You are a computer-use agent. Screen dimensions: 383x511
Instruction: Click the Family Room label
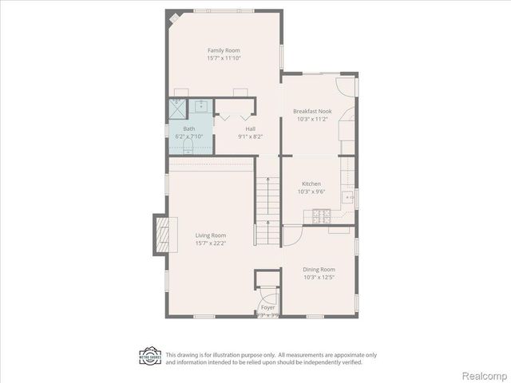click(x=224, y=50)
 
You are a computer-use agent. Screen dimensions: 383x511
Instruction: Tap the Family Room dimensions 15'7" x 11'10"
click(x=224, y=58)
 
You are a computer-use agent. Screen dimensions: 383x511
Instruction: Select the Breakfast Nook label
click(x=312, y=112)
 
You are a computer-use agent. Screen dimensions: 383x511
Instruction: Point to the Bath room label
click(x=188, y=128)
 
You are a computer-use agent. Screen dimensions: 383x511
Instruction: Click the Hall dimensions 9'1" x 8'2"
click(x=251, y=136)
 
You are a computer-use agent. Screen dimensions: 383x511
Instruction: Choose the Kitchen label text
click(x=312, y=184)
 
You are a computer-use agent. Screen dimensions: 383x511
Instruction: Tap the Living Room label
click(x=212, y=235)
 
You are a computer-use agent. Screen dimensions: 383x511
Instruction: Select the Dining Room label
click(x=319, y=270)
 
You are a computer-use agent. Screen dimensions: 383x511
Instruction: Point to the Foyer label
click(x=267, y=307)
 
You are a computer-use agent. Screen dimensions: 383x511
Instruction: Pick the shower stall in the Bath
click(x=176, y=107)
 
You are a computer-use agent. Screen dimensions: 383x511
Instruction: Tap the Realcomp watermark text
click(x=485, y=374)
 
